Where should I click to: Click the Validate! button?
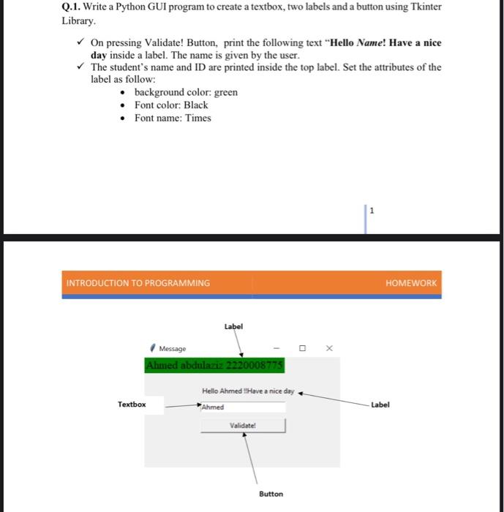pyautogui.click(x=243, y=425)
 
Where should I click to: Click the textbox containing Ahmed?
pyautogui.click(x=242, y=407)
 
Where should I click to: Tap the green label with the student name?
pyautogui.click(x=215, y=365)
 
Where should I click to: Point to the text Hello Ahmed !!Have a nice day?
pyautogui.click(x=248, y=391)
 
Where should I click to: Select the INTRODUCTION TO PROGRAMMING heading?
pyautogui.click(x=138, y=283)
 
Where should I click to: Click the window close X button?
pyautogui.click(x=329, y=348)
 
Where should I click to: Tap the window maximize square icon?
pyautogui.click(x=301, y=348)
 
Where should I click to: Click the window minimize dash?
pyautogui.click(x=276, y=348)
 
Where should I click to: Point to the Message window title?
pyautogui.click(x=173, y=349)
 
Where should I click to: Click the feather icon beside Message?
pyautogui.click(x=152, y=348)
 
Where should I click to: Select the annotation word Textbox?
pyautogui.click(x=132, y=404)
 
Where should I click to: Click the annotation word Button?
pyautogui.click(x=271, y=494)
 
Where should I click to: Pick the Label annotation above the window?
pyautogui.click(x=233, y=326)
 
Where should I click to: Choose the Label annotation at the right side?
pyautogui.click(x=380, y=404)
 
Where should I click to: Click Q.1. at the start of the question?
pyautogui.click(x=71, y=7)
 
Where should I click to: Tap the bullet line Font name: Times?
pyautogui.click(x=173, y=118)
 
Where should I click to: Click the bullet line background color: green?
pyautogui.click(x=186, y=92)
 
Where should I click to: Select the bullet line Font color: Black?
pyautogui.click(x=171, y=105)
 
